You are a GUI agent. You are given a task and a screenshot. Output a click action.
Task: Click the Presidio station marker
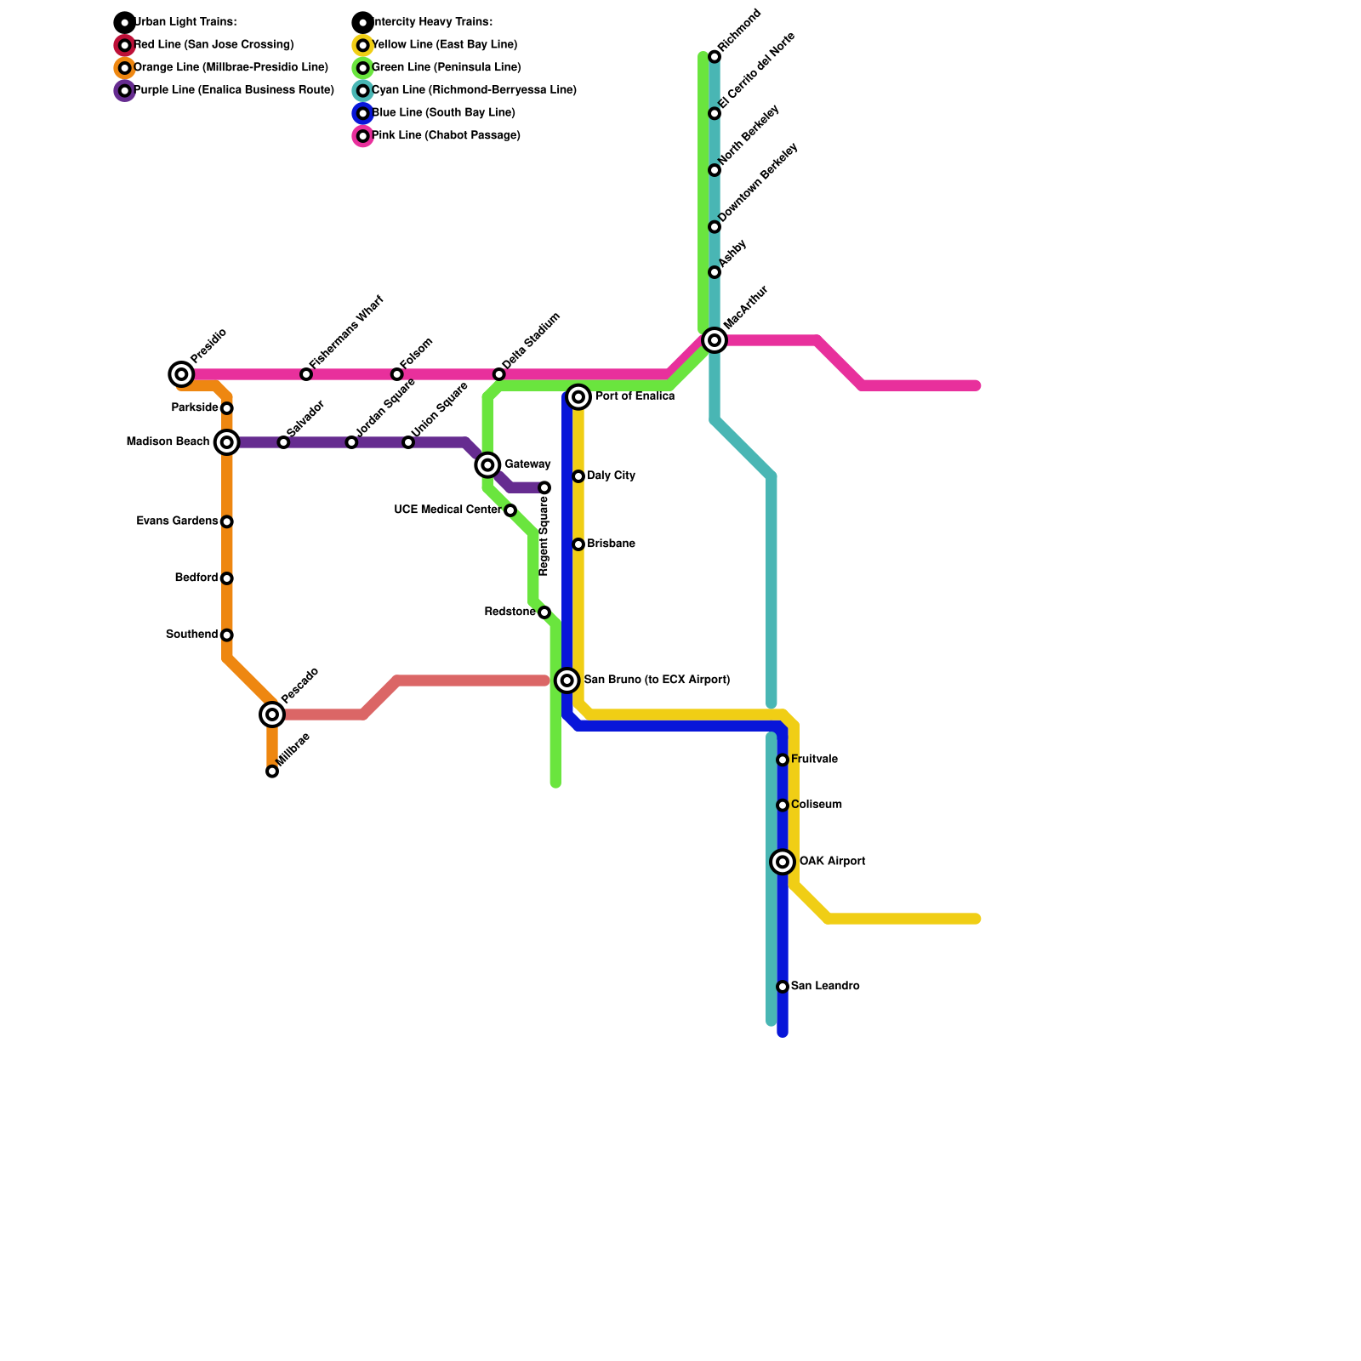181,373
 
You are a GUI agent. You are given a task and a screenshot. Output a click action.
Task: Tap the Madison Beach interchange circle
227,441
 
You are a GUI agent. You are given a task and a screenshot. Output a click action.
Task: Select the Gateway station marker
487,464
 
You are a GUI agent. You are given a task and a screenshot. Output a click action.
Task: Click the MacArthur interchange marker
715,340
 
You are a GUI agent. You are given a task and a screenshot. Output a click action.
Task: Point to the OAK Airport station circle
783,862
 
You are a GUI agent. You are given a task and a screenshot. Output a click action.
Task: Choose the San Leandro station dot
783,987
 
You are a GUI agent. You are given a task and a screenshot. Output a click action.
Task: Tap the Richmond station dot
715,57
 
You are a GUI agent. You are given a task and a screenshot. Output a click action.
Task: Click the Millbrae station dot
272,772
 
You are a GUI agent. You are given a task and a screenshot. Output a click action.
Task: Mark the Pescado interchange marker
272,715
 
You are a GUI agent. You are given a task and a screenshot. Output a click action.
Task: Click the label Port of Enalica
635,396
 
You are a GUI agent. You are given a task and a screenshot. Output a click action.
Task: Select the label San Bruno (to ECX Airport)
657,680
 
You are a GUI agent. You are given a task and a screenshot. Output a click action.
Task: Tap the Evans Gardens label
177,521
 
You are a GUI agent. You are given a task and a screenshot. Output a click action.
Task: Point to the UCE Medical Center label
447,510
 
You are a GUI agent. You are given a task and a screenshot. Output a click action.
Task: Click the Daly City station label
611,475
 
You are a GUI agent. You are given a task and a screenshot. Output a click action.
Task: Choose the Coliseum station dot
783,806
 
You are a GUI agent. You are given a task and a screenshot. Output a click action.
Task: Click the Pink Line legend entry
446,135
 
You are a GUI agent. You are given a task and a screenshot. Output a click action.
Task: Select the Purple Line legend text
234,90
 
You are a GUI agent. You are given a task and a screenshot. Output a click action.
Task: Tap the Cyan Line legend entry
474,90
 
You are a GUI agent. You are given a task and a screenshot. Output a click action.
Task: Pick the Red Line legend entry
214,44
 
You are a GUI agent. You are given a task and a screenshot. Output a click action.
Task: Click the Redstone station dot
544,612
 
